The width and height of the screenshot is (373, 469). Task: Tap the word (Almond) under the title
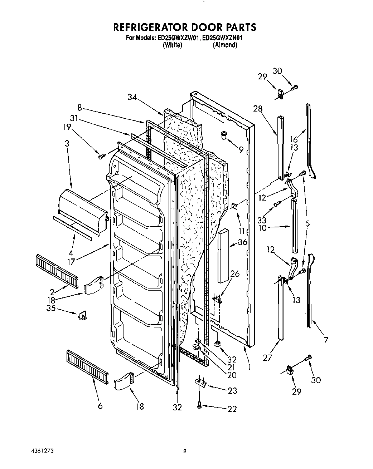click(x=225, y=45)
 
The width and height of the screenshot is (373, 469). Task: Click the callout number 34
click(x=132, y=97)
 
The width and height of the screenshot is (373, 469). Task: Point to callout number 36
click(x=242, y=242)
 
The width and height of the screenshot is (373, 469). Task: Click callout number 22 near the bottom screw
click(x=232, y=409)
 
